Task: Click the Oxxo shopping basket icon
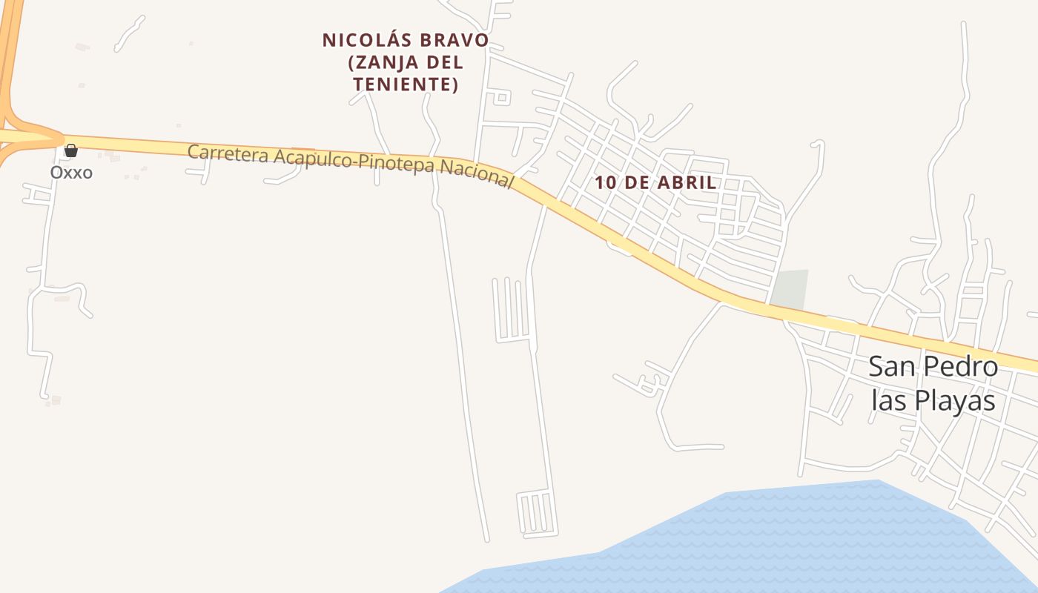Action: click(x=71, y=150)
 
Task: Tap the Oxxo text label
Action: click(x=71, y=173)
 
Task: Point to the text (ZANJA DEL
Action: click(x=406, y=62)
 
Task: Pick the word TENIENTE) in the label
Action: click(x=406, y=85)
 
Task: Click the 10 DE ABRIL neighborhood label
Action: click(x=655, y=182)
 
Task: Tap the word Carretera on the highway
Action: click(x=229, y=154)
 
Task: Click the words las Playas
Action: click(x=933, y=400)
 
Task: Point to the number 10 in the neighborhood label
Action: click(x=605, y=182)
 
